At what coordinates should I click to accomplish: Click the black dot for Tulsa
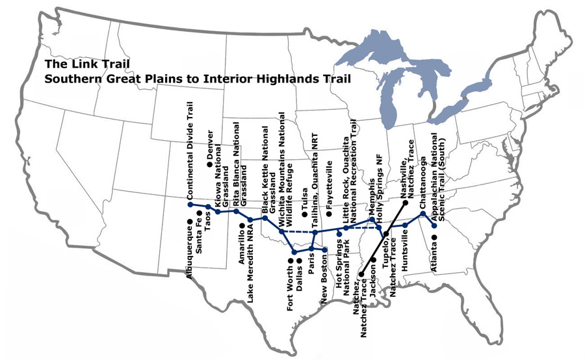pyautogui.click(x=304, y=214)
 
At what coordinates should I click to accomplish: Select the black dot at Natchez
pyautogui.click(x=361, y=274)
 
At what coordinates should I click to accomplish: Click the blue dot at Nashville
pyautogui.click(x=404, y=203)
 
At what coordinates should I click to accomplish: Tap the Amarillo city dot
pyautogui.click(x=241, y=225)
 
